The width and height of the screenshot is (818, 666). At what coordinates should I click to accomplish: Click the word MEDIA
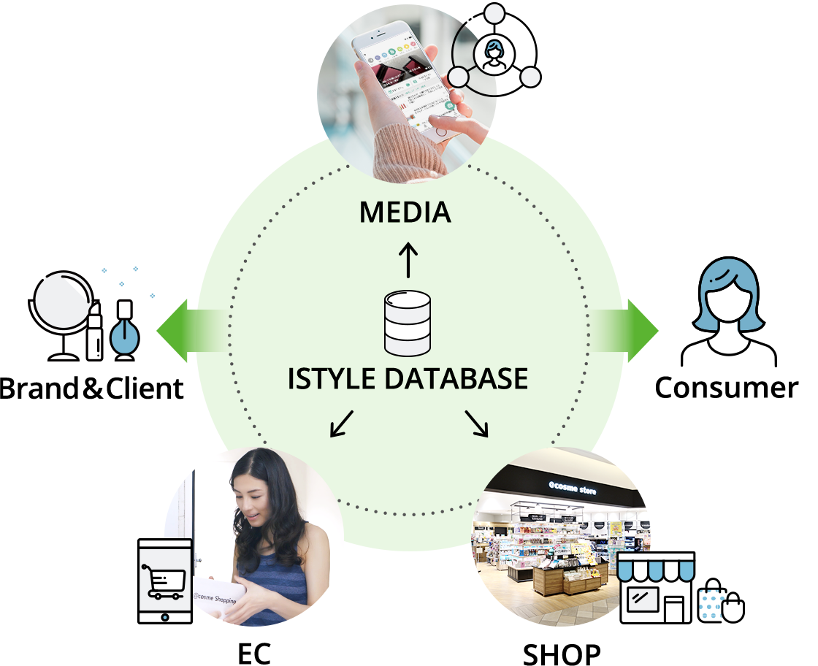pos(405,213)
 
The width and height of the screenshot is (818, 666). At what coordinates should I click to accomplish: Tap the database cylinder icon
pos(408,323)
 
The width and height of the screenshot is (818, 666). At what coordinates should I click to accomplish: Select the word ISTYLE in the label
pos(332,379)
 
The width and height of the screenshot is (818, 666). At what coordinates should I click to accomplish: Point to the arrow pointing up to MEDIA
pos(408,260)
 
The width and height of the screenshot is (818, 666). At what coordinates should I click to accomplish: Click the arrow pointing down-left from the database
pos(341,424)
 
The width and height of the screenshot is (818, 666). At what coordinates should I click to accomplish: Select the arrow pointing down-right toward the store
pos(476,424)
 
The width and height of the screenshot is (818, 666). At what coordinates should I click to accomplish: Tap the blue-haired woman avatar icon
pos(728,314)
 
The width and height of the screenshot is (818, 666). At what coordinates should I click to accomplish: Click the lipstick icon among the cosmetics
pos(93,332)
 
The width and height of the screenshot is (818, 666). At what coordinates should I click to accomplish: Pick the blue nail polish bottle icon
pos(124,332)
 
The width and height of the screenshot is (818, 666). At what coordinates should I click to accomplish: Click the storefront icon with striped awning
pos(656,587)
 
